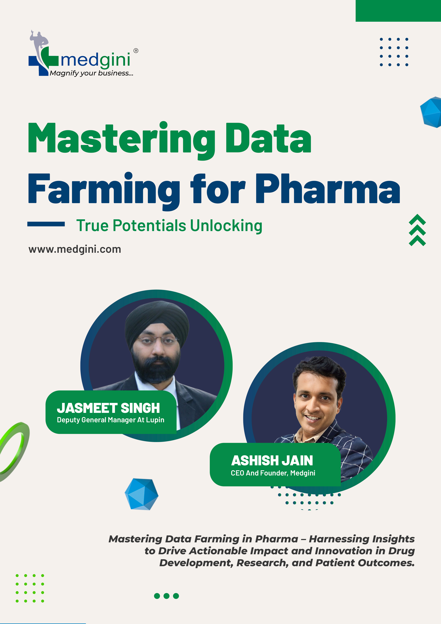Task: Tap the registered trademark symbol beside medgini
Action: [x=136, y=51]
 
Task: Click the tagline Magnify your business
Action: [x=91, y=73]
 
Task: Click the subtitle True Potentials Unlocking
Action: [x=169, y=226]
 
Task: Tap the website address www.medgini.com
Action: [x=75, y=249]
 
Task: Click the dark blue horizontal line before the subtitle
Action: [x=46, y=224]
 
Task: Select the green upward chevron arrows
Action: [x=417, y=230]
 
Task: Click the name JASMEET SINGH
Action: [x=108, y=408]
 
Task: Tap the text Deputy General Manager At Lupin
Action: [x=111, y=420]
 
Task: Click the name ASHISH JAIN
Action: [x=272, y=461]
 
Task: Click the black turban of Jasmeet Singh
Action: [x=157, y=321]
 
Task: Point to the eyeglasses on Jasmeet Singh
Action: [x=158, y=340]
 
